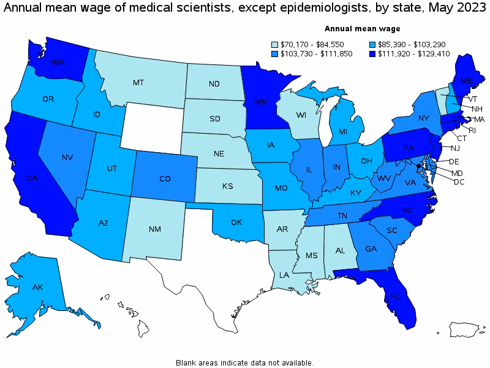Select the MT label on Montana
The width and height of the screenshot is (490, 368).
(140, 82)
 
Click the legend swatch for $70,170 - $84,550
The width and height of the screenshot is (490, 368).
(275, 44)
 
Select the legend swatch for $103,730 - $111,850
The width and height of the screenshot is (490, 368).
(275, 54)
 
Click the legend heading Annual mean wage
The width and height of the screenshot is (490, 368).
(362, 28)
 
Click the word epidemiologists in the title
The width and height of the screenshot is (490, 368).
(273, 7)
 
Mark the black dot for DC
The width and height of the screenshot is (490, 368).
(418, 166)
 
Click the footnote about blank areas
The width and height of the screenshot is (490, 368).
(244, 362)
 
